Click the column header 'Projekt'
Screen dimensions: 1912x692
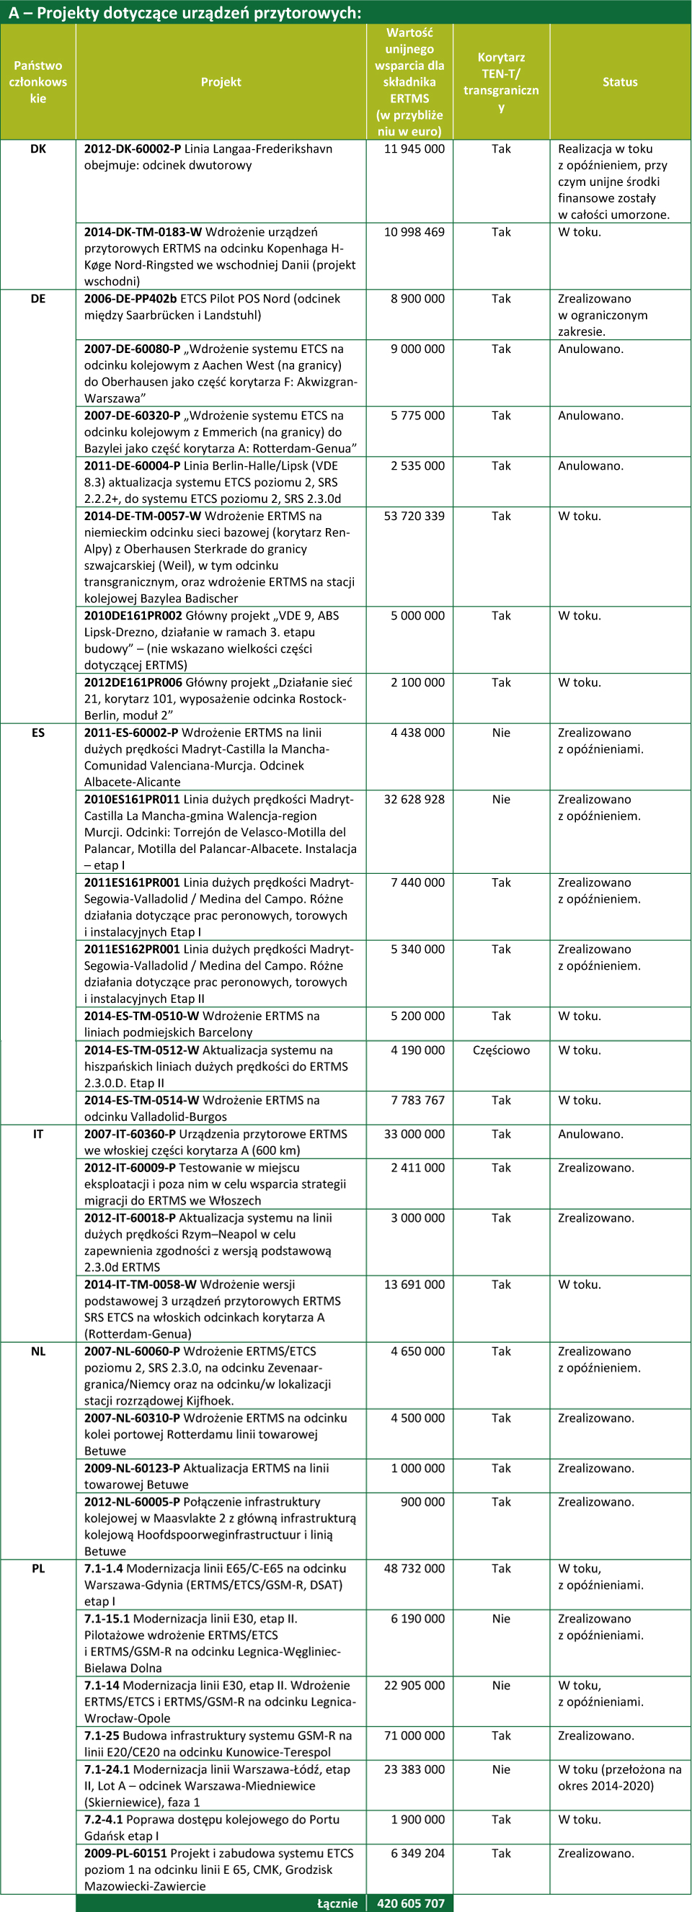point(221,81)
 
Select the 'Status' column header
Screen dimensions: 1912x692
point(619,81)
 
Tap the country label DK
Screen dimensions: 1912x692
point(38,148)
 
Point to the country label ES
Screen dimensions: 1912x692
point(38,733)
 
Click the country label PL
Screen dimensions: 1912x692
point(38,1568)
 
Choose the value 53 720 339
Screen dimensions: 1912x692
point(414,516)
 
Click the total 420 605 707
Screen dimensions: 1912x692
point(410,1903)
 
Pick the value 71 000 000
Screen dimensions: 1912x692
point(414,1735)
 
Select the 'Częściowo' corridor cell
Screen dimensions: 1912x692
point(501,1050)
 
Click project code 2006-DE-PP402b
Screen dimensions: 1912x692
point(130,298)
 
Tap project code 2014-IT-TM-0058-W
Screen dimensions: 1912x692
point(141,1284)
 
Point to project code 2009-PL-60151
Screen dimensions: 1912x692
point(125,1854)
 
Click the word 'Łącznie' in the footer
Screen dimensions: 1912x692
point(337,1903)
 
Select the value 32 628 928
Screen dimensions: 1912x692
point(414,800)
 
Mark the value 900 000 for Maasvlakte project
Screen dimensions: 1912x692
point(422,1501)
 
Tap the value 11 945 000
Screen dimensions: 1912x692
point(414,148)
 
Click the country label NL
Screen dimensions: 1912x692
point(38,1351)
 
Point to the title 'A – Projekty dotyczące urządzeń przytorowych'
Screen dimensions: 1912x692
point(185,13)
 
